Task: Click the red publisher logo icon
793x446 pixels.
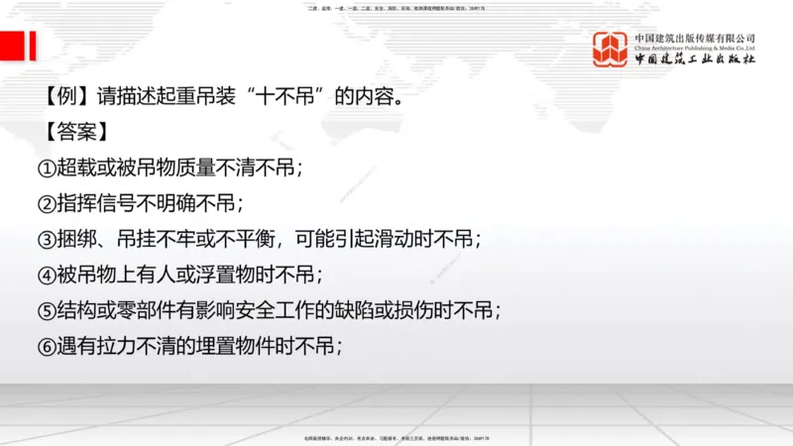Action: pos(611,50)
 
